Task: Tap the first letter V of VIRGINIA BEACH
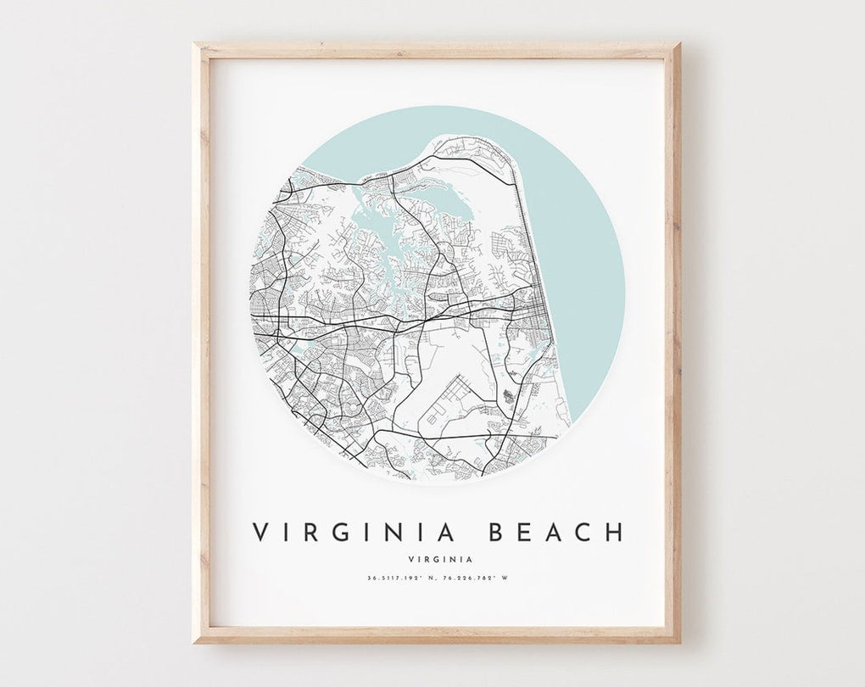(x=260, y=532)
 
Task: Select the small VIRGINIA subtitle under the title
(x=438, y=558)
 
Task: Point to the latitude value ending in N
(x=399, y=579)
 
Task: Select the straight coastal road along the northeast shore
(x=518, y=229)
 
